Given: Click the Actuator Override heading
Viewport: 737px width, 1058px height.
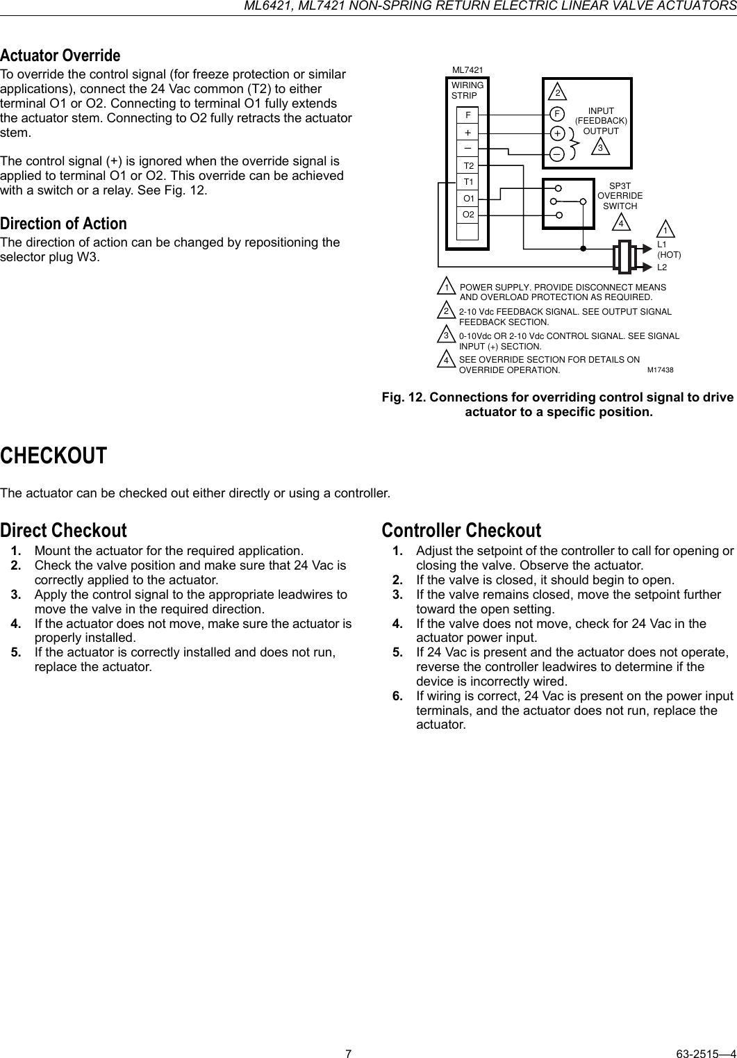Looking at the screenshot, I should [x=60, y=55].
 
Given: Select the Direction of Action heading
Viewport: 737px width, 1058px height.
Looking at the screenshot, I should [x=64, y=224].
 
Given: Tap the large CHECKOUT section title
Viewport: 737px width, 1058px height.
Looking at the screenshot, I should [x=53, y=456].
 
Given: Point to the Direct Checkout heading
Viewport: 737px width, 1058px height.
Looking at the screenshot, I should [x=64, y=530].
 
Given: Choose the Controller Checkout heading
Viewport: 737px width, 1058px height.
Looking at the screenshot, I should [x=461, y=530].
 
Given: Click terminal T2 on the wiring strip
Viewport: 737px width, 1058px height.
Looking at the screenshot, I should [x=469, y=166].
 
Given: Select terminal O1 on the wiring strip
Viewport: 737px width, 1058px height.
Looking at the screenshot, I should [x=469, y=199].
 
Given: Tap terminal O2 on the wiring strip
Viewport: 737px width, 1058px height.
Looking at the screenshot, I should [x=469, y=215].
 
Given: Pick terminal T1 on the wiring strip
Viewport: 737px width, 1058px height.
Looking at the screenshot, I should [x=469, y=182].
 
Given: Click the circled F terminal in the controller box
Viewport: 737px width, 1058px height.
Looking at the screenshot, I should [x=557, y=113].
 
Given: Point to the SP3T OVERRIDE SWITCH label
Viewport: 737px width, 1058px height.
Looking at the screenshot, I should [x=620, y=196].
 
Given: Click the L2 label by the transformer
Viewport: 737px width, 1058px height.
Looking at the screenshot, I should [x=662, y=267].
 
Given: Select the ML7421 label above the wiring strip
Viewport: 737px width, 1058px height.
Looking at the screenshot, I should [x=467, y=70].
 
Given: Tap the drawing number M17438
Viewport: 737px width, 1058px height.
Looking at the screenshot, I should [x=661, y=370].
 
